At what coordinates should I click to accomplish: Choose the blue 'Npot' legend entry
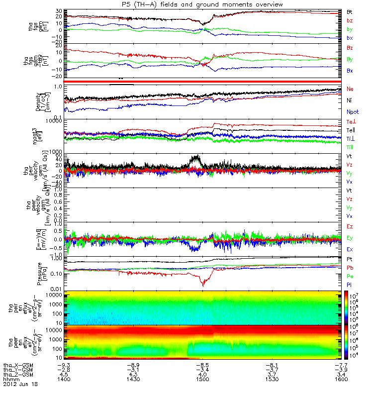(353, 112)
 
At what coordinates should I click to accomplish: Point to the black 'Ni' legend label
(350, 100)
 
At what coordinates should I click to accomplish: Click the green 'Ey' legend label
(350, 238)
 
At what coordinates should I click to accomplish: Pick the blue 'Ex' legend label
(350, 249)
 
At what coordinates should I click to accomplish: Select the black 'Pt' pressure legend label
(350, 260)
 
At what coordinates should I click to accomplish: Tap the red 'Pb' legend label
(350, 268)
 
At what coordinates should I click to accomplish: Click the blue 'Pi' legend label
(350, 284)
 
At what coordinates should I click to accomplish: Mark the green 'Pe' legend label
(350, 276)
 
